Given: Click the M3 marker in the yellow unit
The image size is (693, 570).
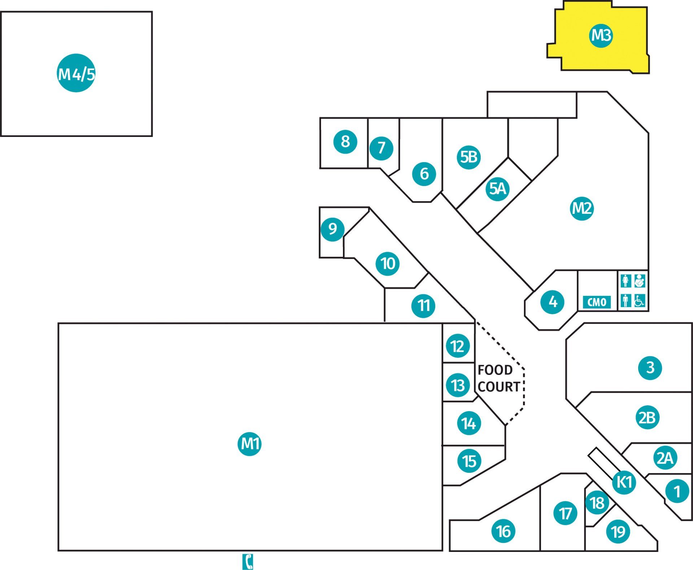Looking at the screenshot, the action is [x=601, y=35].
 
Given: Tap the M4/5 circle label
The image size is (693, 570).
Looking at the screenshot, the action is [x=76, y=73].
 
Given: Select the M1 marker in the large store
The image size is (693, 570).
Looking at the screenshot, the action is [x=249, y=444].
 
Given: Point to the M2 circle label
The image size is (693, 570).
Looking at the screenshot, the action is [x=582, y=208].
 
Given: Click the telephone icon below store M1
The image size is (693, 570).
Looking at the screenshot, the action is [x=248, y=562].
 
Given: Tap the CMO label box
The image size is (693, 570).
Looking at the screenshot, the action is [x=597, y=302].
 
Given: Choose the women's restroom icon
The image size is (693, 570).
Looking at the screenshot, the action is [x=626, y=281].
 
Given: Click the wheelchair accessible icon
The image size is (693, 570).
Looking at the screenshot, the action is [x=640, y=301].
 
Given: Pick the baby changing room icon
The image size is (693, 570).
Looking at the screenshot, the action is [x=640, y=281].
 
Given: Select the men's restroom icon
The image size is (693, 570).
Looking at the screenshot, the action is [x=626, y=301].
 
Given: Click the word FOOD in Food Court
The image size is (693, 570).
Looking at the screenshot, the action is [x=495, y=370].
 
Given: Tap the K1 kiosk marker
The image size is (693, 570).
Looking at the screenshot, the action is [x=624, y=482].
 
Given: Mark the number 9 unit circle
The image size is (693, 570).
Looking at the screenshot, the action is [x=332, y=229].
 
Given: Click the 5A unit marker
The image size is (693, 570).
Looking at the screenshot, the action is [x=497, y=189].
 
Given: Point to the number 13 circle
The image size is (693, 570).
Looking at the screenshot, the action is [x=458, y=385].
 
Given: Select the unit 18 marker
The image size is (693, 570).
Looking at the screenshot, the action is [x=597, y=502].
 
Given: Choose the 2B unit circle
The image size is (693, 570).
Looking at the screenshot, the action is [x=647, y=418].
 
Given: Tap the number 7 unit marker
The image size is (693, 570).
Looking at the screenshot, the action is [x=381, y=148].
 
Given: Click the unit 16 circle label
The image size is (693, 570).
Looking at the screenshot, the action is [x=504, y=531].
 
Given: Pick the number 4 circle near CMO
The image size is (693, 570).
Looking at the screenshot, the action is [x=553, y=302].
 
